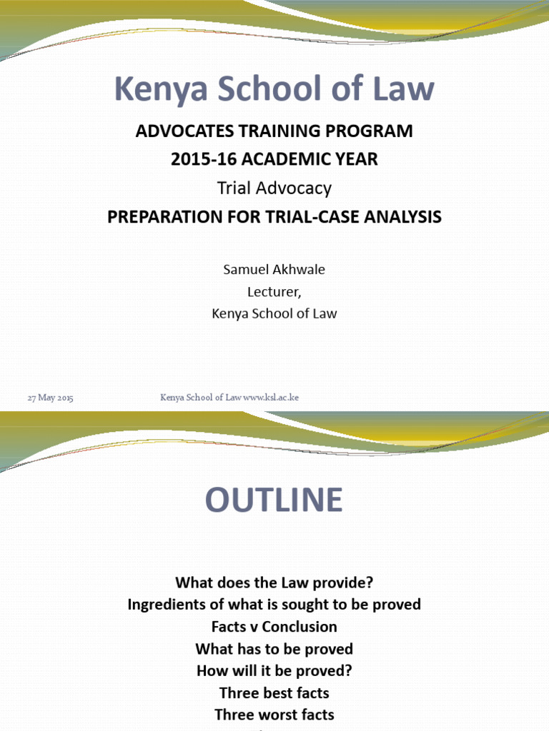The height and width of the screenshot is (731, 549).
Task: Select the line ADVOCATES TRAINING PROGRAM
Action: tap(274, 131)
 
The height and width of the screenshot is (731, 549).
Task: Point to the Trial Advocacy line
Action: tap(274, 188)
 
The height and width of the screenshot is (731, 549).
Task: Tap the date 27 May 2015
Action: tap(50, 398)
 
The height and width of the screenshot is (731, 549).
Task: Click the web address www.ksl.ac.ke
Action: tap(271, 398)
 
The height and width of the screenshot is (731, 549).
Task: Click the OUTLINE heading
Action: tap(274, 500)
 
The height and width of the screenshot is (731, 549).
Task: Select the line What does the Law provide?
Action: tap(274, 582)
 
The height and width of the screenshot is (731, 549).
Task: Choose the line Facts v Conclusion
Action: tap(274, 627)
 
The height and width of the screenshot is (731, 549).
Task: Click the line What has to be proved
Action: tap(274, 649)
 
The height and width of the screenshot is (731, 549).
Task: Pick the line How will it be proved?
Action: tap(274, 671)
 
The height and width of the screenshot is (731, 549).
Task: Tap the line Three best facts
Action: tap(274, 693)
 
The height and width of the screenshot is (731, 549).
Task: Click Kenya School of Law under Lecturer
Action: tap(274, 313)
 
